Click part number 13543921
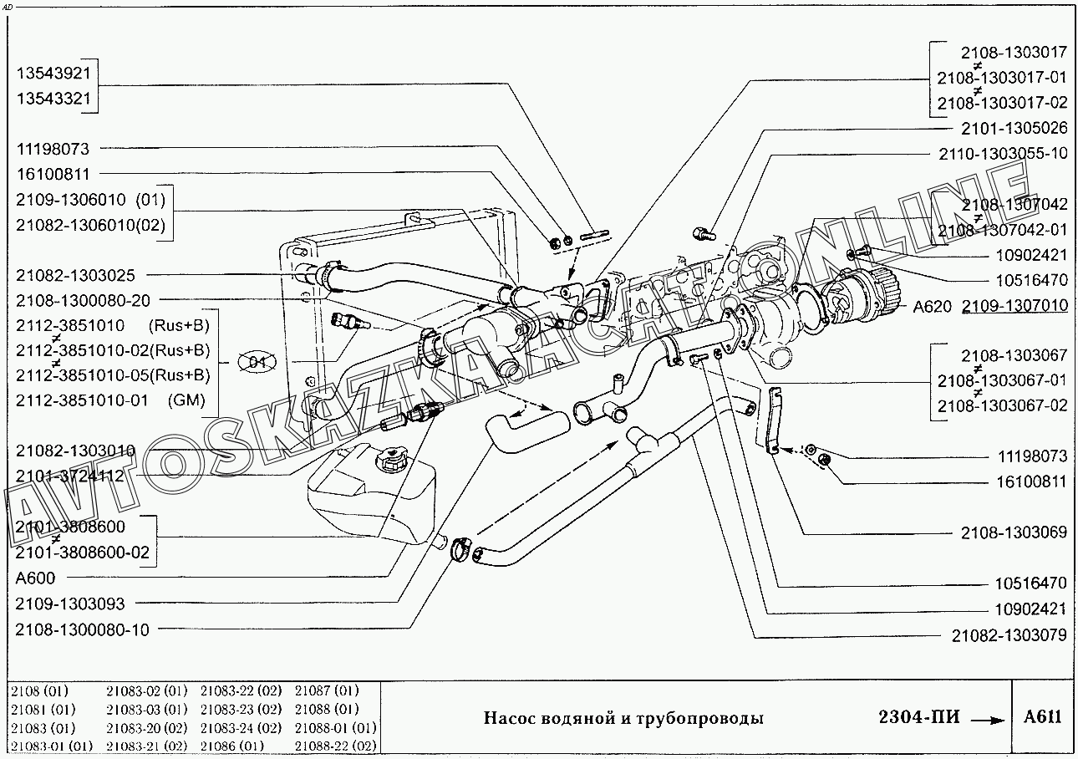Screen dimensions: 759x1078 click(53, 73)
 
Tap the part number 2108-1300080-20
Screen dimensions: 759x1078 click(83, 299)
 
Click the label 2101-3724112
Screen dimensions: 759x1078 click(69, 476)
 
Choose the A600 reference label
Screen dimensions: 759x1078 click(36, 578)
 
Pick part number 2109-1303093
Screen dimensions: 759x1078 click(69, 604)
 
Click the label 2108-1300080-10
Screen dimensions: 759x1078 click(83, 629)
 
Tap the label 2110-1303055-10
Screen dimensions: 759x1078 click(1002, 153)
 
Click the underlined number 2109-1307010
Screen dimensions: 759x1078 click(1014, 306)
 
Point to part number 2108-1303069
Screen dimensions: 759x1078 click(1014, 532)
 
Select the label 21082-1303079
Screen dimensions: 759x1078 click(1009, 635)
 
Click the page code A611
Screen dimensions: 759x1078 click(1043, 717)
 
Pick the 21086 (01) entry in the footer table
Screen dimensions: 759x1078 click(232, 746)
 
